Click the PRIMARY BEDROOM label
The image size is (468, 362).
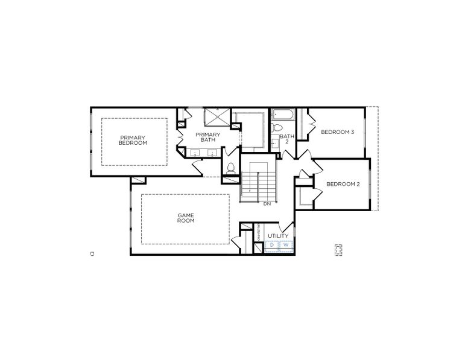(x=133, y=140)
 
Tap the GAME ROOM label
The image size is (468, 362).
(x=185, y=218)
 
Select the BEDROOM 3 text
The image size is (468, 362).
(x=337, y=132)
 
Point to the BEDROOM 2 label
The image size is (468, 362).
(x=343, y=184)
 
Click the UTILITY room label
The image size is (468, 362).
(x=278, y=235)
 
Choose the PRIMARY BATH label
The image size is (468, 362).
(x=208, y=137)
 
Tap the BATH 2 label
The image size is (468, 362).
(x=287, y=139)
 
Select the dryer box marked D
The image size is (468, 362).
(x=272, y=246)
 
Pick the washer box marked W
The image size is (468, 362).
(x=286, y=246)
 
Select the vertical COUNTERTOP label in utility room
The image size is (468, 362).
(x=259, y=233)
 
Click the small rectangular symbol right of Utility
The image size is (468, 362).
(x=339, y=249)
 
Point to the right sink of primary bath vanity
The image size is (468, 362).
(x=213, y=154)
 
